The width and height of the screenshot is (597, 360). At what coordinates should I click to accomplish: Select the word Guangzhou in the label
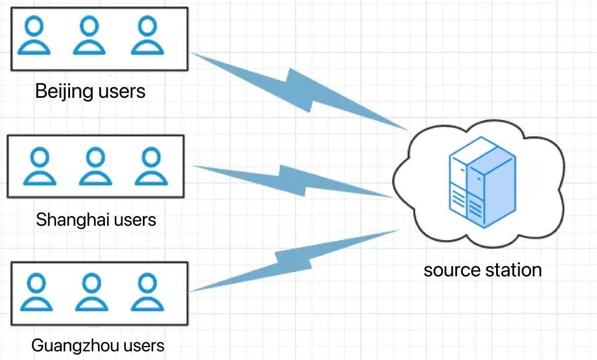click(68, 345)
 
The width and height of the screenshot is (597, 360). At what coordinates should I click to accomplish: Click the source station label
click(483, 270)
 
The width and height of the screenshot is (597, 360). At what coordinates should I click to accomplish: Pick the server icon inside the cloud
click(482, 175)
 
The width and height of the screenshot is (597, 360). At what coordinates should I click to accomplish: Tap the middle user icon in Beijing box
click(89, 36)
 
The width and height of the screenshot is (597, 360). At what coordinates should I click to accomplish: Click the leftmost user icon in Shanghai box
click(40, 165)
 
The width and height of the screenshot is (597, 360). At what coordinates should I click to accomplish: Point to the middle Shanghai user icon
click(94, 165)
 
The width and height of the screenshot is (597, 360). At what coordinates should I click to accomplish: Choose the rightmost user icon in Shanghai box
click(150, 165)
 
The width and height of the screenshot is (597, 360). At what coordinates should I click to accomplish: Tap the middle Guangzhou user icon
click(90, 292)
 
